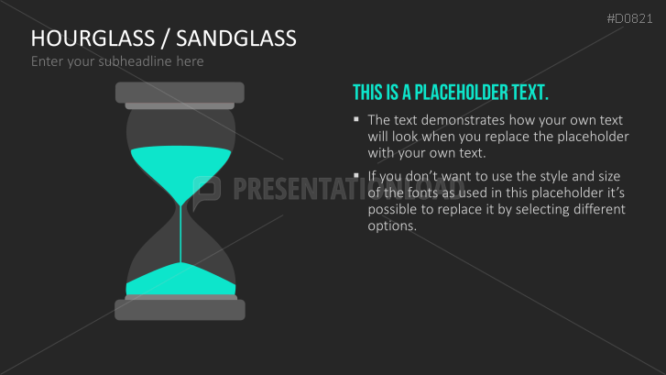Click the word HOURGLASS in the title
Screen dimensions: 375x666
point(90,39)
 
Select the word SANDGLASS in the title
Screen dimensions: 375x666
point(236,39)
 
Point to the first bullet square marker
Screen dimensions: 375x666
point(356,119)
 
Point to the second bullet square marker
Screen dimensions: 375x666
point(356,174)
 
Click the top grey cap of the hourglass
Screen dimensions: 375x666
point(180,92)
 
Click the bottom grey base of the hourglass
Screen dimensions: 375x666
point(180,309)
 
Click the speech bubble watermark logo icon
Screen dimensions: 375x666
point(208,188)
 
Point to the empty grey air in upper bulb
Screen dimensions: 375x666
point(180,127)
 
